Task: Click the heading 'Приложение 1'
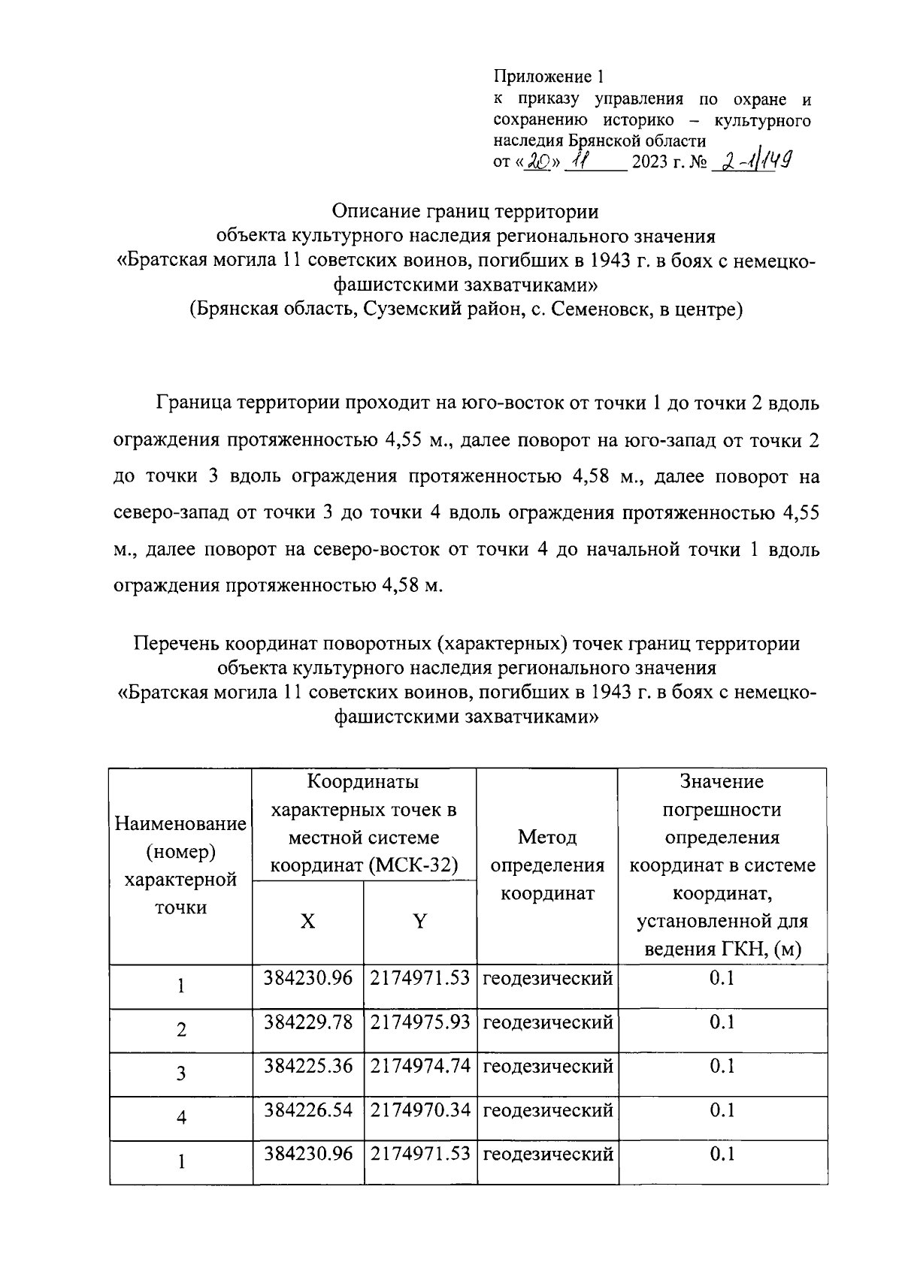549,77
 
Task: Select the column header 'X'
308,921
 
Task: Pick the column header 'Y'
419,921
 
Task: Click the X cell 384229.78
308,1022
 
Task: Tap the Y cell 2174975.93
420,1022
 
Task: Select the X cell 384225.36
308,1066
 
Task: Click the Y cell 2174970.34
420,1109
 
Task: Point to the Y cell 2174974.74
420,1066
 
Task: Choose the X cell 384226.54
308,1109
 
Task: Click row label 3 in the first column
181,1073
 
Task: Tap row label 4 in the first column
181,1118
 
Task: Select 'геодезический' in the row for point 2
548,1022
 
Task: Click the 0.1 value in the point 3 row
722,1066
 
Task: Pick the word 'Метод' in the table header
547,837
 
